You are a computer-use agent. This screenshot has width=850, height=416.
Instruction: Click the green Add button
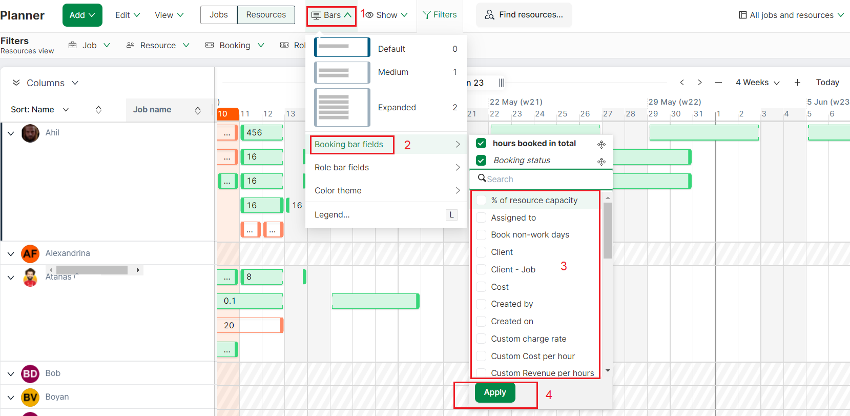[82, 15]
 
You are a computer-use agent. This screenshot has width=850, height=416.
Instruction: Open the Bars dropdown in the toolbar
[332, 15]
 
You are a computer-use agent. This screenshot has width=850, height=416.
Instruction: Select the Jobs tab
[218, 15]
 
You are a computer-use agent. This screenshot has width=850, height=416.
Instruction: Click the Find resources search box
[524, 15]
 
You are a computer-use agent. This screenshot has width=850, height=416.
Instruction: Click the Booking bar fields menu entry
[349, 145]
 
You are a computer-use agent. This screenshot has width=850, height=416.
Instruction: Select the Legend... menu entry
[332, 214]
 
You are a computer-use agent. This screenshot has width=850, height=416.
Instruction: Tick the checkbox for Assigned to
[481, 217]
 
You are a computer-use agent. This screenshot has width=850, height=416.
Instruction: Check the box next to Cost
[481, 287]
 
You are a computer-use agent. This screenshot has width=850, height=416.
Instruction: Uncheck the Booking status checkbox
[481, 161]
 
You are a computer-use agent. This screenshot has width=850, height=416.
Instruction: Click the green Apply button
[495, 392]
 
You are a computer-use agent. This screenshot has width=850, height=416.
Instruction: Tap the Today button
[827, 83]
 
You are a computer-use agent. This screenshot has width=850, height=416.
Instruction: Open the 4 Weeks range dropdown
[758, 83]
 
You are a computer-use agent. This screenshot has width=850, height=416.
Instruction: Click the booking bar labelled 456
[262, 132]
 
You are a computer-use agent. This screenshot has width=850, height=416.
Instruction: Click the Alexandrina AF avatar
[30, 253]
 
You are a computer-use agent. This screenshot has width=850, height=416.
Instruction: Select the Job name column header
[152, 110]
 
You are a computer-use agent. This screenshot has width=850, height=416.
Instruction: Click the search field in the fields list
[543, 179]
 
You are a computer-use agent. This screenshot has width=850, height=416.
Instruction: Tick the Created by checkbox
[481, 304]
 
